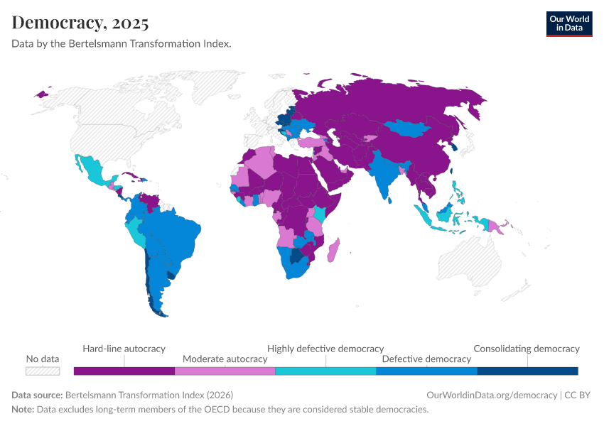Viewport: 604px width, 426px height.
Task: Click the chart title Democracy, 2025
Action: pos(80,22)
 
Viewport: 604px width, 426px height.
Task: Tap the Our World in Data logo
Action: pos(568,23)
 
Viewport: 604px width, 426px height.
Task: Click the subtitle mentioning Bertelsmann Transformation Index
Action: pos(122,43)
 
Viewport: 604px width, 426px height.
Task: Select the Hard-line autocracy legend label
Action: pos(124,349)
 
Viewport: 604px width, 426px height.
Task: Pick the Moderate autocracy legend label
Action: pos(225,359)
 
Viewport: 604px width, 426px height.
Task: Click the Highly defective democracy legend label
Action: pos(325,349)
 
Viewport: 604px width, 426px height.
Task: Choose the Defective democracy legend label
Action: pos(426,359)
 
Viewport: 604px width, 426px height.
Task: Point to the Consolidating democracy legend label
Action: pos(527,349)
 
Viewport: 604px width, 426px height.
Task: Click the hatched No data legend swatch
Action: pos(43,371)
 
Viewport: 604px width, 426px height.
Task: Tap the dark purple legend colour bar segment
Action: pos(124,371)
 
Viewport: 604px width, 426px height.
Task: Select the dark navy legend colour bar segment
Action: pos(527,371)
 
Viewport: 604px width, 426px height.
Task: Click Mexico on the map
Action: pos(92,171)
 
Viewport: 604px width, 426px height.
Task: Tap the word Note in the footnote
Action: pos(22,410)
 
